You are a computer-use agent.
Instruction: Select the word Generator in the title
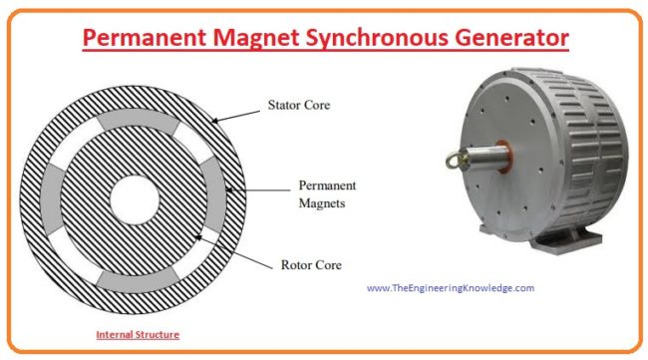tap(514, 40)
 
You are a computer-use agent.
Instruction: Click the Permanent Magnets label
tap(327, 194)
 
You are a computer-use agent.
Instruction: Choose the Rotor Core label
tap(311, 265)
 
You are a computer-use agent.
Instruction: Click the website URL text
tap(451, 288)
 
